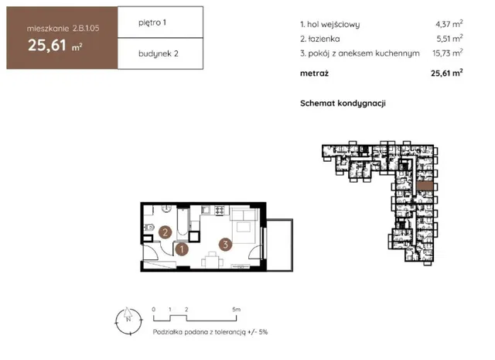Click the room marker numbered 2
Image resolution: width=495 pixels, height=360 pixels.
tap(165, 232)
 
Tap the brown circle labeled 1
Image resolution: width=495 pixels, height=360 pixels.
tap(182, 249)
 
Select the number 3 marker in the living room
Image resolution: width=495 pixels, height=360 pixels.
tap(225, 245)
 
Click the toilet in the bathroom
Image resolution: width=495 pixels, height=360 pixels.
tap(149, 227)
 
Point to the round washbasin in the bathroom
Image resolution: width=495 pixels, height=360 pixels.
tap(166, 208)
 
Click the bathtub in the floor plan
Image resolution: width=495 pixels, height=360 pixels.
tap(183, 223)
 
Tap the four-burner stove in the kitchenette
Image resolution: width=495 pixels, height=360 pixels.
tap(220, 210)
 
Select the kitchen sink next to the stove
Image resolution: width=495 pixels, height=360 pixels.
tap(206, 210)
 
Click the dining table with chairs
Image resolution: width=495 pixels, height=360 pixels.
tap(213, 260)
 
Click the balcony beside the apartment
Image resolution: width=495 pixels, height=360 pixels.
tap(280, 245)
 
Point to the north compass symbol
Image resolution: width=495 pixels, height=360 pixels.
tap(129, 321)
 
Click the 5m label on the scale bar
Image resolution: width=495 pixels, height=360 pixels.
tap(236, 310)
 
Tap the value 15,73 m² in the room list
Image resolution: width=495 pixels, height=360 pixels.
tap(447, 53)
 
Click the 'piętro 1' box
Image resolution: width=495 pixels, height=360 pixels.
tap(160, 22)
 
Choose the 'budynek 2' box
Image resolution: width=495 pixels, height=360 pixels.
tap(160, 53)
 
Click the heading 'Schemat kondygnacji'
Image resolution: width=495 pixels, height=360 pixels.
tap(343, 103)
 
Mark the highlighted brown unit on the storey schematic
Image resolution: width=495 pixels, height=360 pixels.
tap(425, 186)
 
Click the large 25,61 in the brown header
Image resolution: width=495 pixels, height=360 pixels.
tap(47, 45)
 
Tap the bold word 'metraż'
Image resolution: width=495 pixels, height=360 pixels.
tap(315, 74)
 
